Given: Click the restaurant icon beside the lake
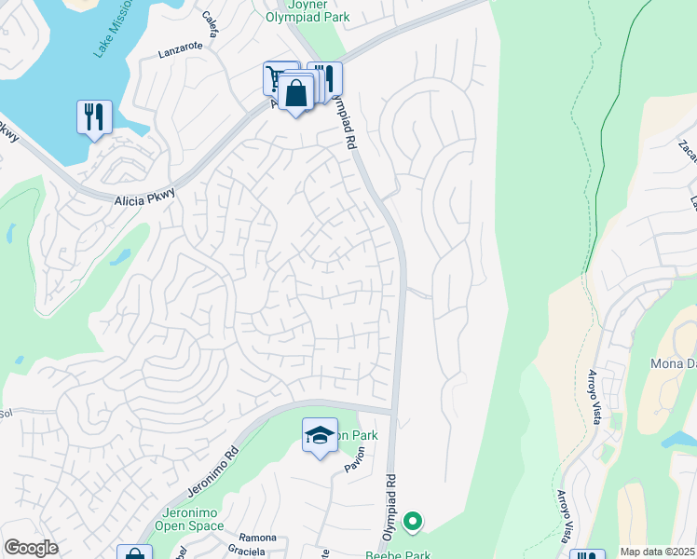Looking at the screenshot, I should (94, 117).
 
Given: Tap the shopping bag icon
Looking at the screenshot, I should (295, 95).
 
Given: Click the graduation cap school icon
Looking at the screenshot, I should (320, 435).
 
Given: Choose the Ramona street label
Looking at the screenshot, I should (257, 538).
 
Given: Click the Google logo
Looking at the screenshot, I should (31, 548).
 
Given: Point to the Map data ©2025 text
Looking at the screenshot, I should (656, 552).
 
